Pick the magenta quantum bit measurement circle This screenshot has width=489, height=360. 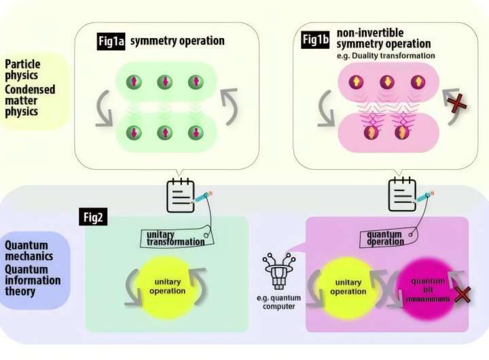click(x=427, y=288)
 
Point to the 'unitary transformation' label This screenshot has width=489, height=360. click(x=176, y=238)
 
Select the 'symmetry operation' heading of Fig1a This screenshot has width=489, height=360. click(x=177, y=41)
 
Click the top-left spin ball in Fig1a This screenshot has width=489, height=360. click(x=134, y=82)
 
